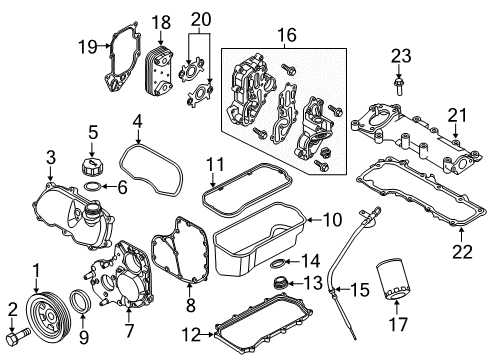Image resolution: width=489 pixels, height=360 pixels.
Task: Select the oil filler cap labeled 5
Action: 92,166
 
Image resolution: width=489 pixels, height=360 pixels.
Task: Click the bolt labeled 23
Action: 399,83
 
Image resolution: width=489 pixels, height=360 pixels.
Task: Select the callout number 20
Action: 201,18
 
